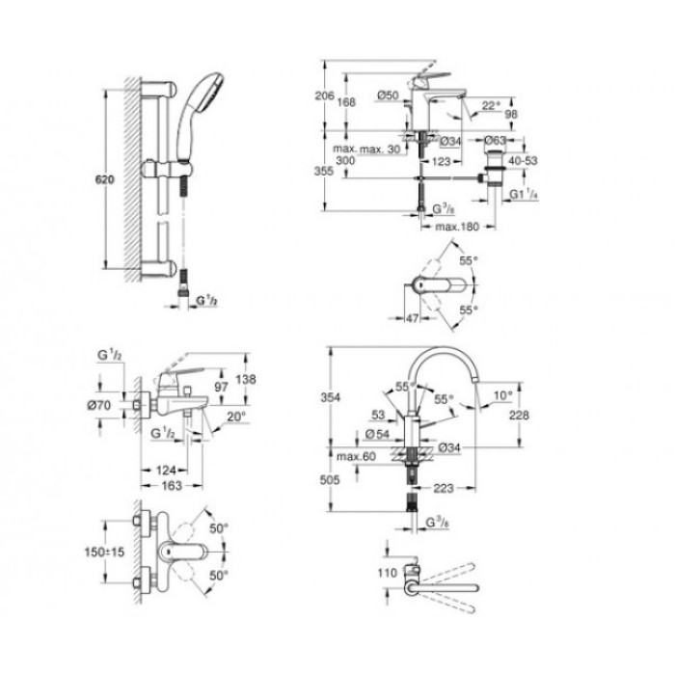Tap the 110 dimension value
[x=387, y=572]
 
